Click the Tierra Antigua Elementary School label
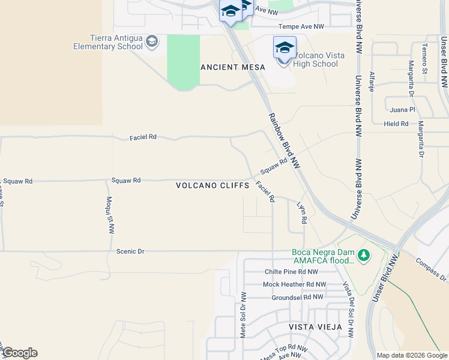tap(108, 42)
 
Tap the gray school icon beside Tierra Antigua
tap(152, 41)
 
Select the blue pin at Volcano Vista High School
tap(285, 47)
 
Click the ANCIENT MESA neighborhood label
tap(232, 67)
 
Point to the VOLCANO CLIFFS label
tap(212, 185)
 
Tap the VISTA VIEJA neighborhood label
tap(315, 327)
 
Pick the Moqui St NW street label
tap(110, 214)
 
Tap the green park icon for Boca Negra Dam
tap(363, 254)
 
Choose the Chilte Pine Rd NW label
tap(295, 271)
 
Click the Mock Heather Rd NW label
tap(295, 284)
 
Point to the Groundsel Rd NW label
tap(298, 296)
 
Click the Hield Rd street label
tap(396, 124)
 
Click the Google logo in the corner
tap(19, 353)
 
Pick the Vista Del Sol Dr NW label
tap(347, 310)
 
